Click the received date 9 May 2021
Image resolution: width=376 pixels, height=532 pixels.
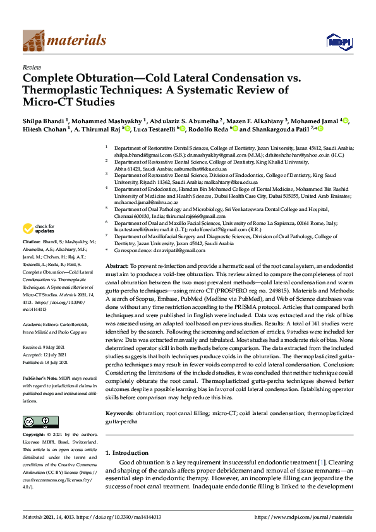point(58,347)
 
